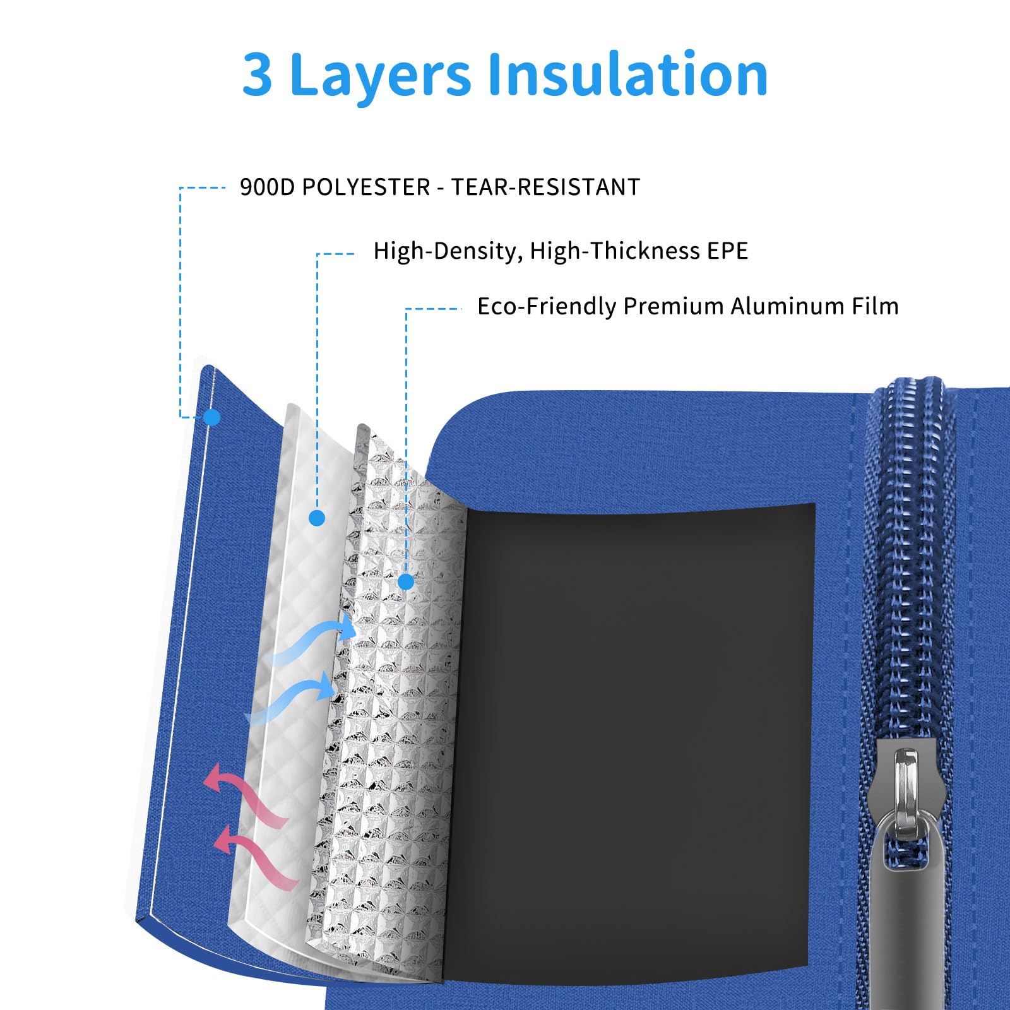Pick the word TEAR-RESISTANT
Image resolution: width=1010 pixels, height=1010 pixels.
point(545,187)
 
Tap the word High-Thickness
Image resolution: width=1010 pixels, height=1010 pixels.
point(615,251)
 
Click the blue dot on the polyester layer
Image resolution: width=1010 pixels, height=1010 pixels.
point(212,417)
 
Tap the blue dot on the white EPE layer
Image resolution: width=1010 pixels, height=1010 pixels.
point(317,518)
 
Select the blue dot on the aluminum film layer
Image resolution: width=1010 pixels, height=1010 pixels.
point(407,582)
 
